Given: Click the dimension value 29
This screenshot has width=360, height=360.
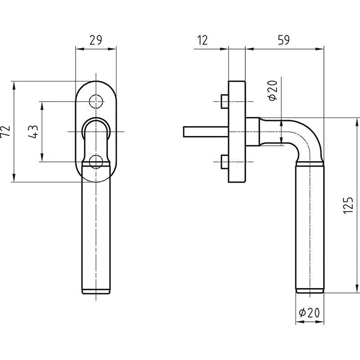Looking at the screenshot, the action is tap(95, 40).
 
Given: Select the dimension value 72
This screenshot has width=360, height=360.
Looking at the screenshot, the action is tap(5, 131).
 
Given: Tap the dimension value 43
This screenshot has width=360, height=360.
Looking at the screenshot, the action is tap(33, 132).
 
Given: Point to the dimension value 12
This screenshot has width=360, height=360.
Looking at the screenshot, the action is tap(202, 40).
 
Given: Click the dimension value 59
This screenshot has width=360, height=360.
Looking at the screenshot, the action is tap(284, 40).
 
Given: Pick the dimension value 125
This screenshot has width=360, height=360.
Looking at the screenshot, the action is tap(348, 205).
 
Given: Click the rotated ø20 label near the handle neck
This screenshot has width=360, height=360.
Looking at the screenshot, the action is tap(273, 90).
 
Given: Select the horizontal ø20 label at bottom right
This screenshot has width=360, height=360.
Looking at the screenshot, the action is tap(309, 313).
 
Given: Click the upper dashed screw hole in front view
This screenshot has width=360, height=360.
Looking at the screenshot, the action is tap(96, 101).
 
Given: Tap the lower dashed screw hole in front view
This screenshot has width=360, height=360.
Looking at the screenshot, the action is tap(96, 162).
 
